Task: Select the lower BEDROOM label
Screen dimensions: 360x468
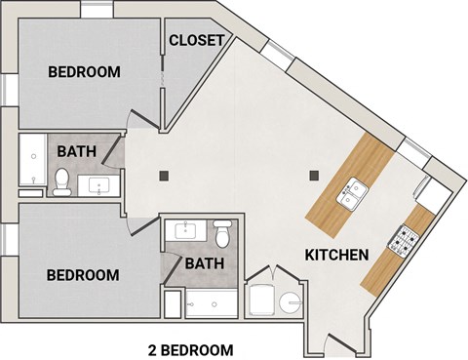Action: pyautogui.click(x=85, y=275)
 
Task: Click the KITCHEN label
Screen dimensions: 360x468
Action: pyautogui.click(x=336, y=256)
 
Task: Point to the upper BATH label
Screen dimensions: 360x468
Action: pyautogui.click(x=75, y=151)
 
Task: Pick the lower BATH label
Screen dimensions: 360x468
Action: pyautogui.click(x=205, y=263)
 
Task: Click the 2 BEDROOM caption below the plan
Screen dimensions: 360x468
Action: pyautogui.click(x=190, y=348)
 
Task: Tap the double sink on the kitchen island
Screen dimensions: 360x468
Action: pyautogui.click(x=349, y=196)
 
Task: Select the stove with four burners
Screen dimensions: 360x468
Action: pyautogui.click(x=405, y=237)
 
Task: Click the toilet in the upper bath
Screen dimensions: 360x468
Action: pyautogui.click(x=61, y=181)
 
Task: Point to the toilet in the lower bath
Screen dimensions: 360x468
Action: pyautogui.click(x=221, y=234)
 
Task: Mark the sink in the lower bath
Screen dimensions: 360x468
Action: pyautogui.click(x=184, y=231)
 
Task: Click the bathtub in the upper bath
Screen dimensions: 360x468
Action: pyautogui.click(x=31, y=161)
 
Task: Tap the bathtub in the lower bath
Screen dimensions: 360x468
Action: pyautogui.click(x=212, y=303)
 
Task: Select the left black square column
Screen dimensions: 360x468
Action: pyautogui.click(x=165, y=176)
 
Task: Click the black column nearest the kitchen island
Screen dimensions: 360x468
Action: pyautogui.click(x=314, y=177)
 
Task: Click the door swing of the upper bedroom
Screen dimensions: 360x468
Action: pyautogui.click(x=144, y=112)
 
